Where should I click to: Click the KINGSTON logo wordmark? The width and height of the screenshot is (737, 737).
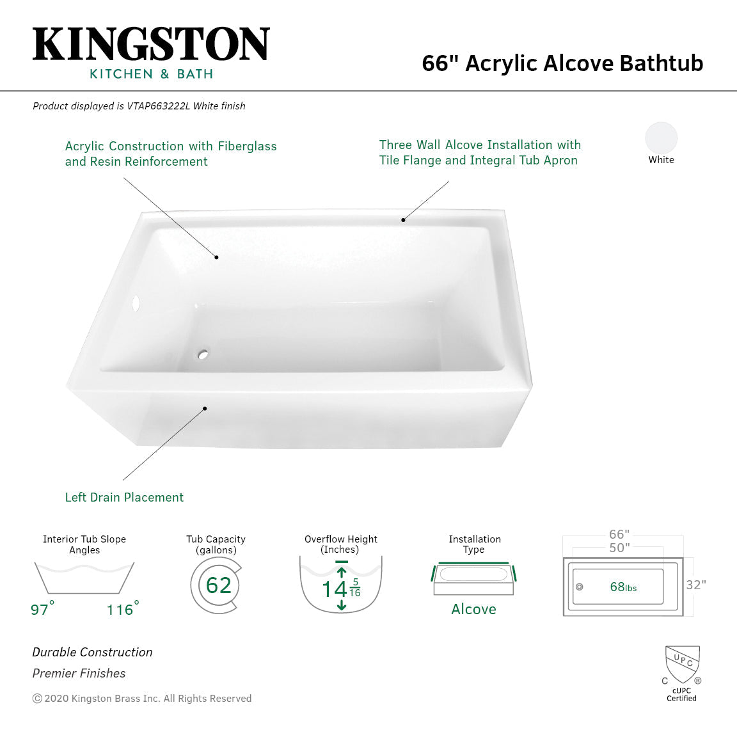[151, 45]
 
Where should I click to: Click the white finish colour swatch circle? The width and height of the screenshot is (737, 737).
[661, 138]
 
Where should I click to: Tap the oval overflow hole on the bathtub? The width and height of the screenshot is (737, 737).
[135, 303]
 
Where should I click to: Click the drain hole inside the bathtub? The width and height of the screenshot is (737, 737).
[203, 354]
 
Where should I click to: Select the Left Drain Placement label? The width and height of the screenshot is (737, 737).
[124, 497]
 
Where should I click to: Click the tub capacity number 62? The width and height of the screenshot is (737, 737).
[218, 585]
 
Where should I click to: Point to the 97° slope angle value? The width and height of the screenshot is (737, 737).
[42, 609]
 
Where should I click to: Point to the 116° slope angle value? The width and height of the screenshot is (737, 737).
[122, 609]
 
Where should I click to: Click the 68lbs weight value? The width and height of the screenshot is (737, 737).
[623, 587]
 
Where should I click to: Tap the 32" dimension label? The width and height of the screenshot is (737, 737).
[695, 585]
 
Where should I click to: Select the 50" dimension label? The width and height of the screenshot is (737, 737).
[619, 548]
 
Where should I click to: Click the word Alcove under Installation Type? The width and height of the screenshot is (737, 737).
[473, 609]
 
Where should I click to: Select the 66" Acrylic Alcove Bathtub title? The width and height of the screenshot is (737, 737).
[562, 63]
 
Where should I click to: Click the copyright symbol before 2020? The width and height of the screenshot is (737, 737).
[37, 699]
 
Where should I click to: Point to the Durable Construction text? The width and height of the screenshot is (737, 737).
[92, 652]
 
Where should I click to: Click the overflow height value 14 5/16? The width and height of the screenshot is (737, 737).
[341, 588]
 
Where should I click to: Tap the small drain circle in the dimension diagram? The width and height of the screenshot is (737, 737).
[580, 587]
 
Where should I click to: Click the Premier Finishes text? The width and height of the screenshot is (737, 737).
[79, 673]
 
